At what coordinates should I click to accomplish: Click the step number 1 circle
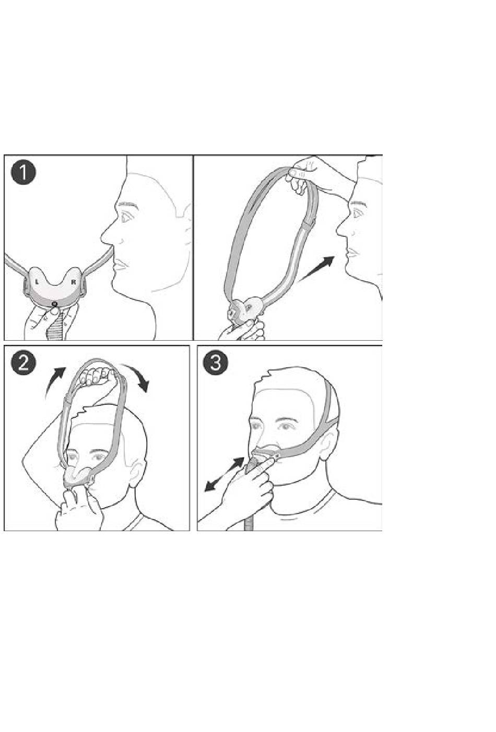pyautogui.click(x=23, y=174)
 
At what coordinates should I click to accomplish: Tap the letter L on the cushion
pyautogui.click(x=37, y=281)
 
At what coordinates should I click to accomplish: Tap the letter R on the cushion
pyautogui.click(x=74, y=281)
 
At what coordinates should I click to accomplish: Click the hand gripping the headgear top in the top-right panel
pyautogui.click(x=304, y=173)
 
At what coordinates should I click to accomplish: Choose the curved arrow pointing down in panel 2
pyautogui.click(x=137, y=376)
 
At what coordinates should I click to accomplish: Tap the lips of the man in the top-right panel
pyautogui.click(x=351, y=253)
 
